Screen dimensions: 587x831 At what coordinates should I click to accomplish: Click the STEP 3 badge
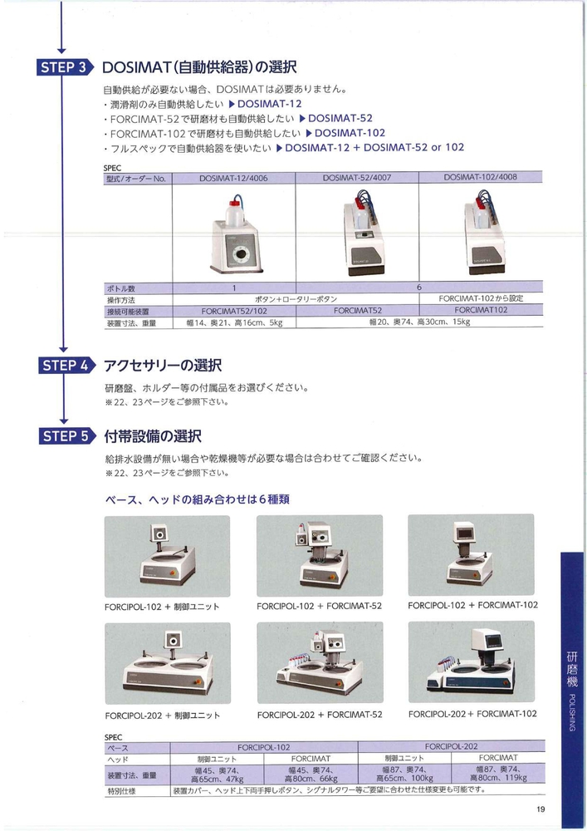click(x=65, y=67)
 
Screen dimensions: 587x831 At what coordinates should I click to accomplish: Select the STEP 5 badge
click(x=66, y=436)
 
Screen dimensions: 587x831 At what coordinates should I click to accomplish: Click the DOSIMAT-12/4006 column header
click(x=233, y=179)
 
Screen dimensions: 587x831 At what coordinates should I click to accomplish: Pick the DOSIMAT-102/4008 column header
click(x=480, y=177)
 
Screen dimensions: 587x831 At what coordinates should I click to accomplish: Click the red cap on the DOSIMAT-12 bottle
click(x=235, y=202)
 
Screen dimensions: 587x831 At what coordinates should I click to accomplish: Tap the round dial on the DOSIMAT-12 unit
click(x=240, y=253)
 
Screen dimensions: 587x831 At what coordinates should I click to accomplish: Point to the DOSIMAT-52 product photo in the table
click(x=363, y=238)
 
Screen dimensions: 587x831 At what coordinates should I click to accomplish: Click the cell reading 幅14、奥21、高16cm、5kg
click(x=234, y=322)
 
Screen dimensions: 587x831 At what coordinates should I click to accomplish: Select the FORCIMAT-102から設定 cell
click(x=481, y=298)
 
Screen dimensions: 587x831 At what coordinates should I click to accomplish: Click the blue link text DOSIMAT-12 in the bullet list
click(x=269, y=104)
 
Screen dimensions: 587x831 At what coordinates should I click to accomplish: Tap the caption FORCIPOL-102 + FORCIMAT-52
click(x=319, y=606)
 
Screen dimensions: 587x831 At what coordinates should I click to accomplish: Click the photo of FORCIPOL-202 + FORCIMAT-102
click(x=471, y=662)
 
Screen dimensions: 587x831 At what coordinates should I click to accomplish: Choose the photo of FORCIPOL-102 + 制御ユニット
click(x=167, y=556)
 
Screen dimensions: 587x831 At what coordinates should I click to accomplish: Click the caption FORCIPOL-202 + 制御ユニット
click(x=163, y=715)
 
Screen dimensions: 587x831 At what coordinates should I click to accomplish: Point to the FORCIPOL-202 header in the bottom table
click(x=452, y=746)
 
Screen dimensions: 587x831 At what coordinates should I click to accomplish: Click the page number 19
click(x=541, y=809)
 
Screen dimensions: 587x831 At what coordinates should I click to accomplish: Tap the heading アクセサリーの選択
click(x=163, y=366)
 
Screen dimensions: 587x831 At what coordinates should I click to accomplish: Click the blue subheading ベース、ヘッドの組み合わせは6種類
click(x=198, y=499)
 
